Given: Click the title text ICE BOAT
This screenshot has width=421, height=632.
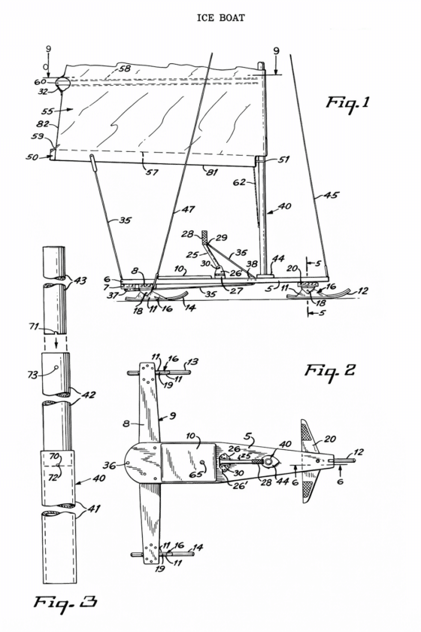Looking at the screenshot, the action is [x=220, y=18].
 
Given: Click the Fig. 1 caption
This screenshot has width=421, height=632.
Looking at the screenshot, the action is [x=347, y=103].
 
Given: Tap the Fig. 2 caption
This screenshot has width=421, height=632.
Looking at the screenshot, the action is [x=329, y=370].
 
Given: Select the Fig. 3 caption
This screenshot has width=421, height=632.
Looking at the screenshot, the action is [x=65, y=603].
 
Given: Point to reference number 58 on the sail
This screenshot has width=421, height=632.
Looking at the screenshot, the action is [x=125, y=68].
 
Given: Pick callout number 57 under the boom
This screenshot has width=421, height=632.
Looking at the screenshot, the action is [x=152, y=172].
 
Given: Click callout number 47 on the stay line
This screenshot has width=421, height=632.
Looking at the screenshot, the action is [x=189, y=210].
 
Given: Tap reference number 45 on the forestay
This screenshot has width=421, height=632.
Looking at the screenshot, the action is [x=332, y=196].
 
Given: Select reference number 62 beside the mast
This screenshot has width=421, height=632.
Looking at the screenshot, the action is [x=239, y=182].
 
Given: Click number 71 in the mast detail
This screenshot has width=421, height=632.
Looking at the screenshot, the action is [x=35, y=326].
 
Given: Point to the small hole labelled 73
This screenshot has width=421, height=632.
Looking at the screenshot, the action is [x=56, y=368].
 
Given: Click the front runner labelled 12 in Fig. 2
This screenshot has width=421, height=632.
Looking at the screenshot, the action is [x=344, y=460].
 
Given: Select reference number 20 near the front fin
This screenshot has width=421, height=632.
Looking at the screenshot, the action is [x=330, y=439].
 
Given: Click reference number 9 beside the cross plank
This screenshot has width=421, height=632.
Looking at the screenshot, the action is [x=172, y=415].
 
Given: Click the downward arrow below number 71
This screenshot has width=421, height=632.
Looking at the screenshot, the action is [x=56, y=342].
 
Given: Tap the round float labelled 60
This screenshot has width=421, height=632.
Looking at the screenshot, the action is [x=62, y=83].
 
